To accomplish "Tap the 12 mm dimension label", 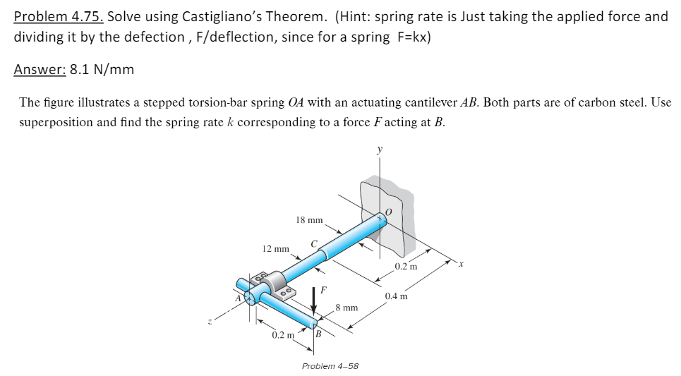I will point(275,249).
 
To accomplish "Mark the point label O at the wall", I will point(388,212).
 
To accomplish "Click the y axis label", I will point(380,150).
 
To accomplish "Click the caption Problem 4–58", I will point(330,366).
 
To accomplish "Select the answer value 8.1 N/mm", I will point(102,69).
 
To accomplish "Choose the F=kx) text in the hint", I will point(411,37).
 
